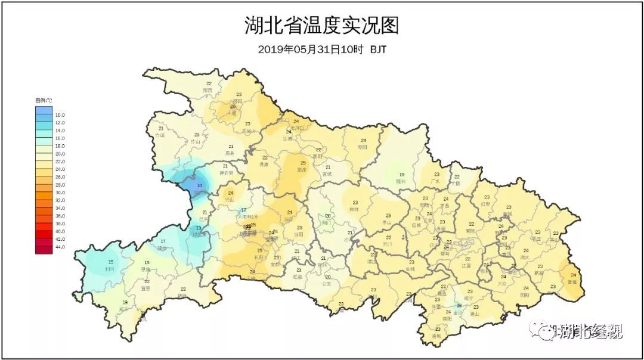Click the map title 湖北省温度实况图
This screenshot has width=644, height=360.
point(321,26)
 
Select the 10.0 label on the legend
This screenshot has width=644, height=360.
point(60,114)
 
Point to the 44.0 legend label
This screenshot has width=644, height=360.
point(60,247)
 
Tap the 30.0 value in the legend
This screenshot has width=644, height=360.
point(60,193)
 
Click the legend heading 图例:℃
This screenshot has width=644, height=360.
point(44,100)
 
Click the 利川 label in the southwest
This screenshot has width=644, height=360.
point(110,269)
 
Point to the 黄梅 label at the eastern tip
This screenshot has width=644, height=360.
point(572,282)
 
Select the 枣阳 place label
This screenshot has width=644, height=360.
point(363,147)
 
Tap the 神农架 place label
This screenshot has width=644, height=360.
point(225,173)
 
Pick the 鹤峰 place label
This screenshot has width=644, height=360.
point(182,295)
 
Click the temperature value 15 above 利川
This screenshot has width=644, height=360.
point(110,262)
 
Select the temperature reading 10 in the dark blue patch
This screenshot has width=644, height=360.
point(200,186)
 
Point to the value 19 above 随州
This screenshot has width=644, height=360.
point(402,174)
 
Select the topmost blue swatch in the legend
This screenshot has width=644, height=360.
point(44,110)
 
